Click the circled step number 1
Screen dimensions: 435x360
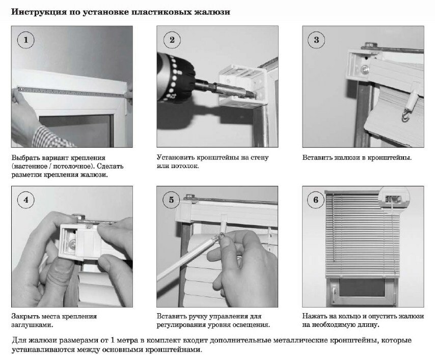[26, 40]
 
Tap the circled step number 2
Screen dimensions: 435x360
[172, 40]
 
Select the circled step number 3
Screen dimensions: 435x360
[316, 40]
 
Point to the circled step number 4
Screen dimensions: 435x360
[26, 200]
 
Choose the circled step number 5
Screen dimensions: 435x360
[171, 200]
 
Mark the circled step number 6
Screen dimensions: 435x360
[316, 200]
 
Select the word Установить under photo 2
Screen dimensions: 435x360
[176, 157]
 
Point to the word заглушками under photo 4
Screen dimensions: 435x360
[32, 325]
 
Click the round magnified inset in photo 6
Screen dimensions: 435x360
[394, 198]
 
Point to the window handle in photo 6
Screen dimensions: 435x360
[335, 292]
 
